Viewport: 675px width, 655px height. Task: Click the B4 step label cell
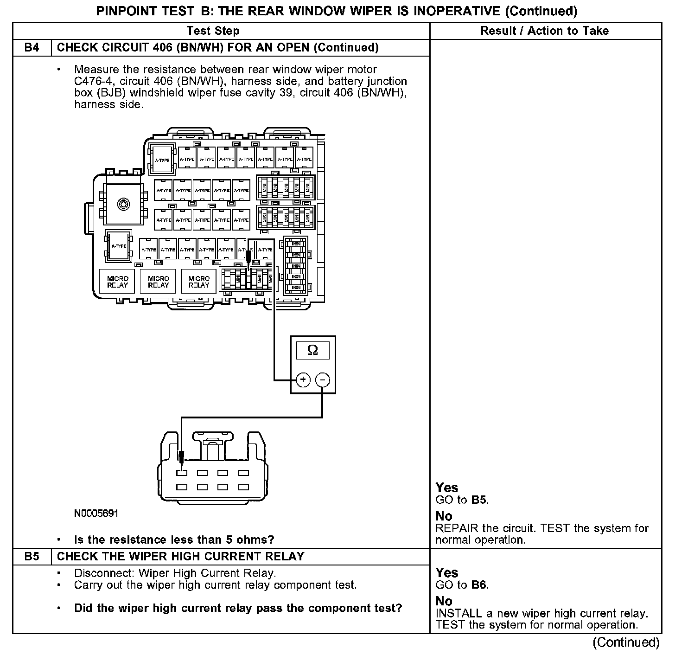32,48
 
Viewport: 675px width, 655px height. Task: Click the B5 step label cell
32,556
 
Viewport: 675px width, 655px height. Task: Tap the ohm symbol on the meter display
312,351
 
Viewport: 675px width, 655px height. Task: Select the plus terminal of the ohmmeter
303,380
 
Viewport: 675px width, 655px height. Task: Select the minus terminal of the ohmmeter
323,380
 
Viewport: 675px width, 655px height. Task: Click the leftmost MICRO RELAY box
117,282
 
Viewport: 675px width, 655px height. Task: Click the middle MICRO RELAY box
158,282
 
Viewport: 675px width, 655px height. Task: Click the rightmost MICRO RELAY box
199,282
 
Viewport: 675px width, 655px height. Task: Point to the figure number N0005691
96,514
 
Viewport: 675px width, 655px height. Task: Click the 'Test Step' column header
213,31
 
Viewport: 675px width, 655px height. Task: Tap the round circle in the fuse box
123,204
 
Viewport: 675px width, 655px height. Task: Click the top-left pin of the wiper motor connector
182,473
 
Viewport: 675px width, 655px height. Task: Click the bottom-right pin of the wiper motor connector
243,488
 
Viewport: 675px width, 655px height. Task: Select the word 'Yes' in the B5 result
446,572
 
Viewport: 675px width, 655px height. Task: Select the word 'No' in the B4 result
444,516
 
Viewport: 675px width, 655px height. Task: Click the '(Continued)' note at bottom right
626,642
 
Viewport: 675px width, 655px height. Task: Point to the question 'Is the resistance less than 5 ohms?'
174,539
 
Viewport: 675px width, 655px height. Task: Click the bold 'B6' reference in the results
479,585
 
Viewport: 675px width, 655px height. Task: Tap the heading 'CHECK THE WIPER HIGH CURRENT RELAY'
180,556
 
